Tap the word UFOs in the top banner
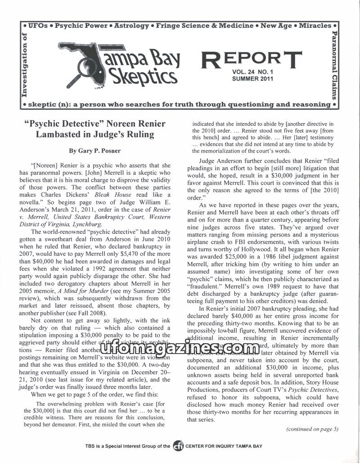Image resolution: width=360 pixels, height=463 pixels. [x=40, y=26]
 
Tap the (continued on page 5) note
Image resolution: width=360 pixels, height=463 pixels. [x=312, y=428]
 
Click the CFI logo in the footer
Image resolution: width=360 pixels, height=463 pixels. [x=179, y=446]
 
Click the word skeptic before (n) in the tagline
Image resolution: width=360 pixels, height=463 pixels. [x=44, y=104]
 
